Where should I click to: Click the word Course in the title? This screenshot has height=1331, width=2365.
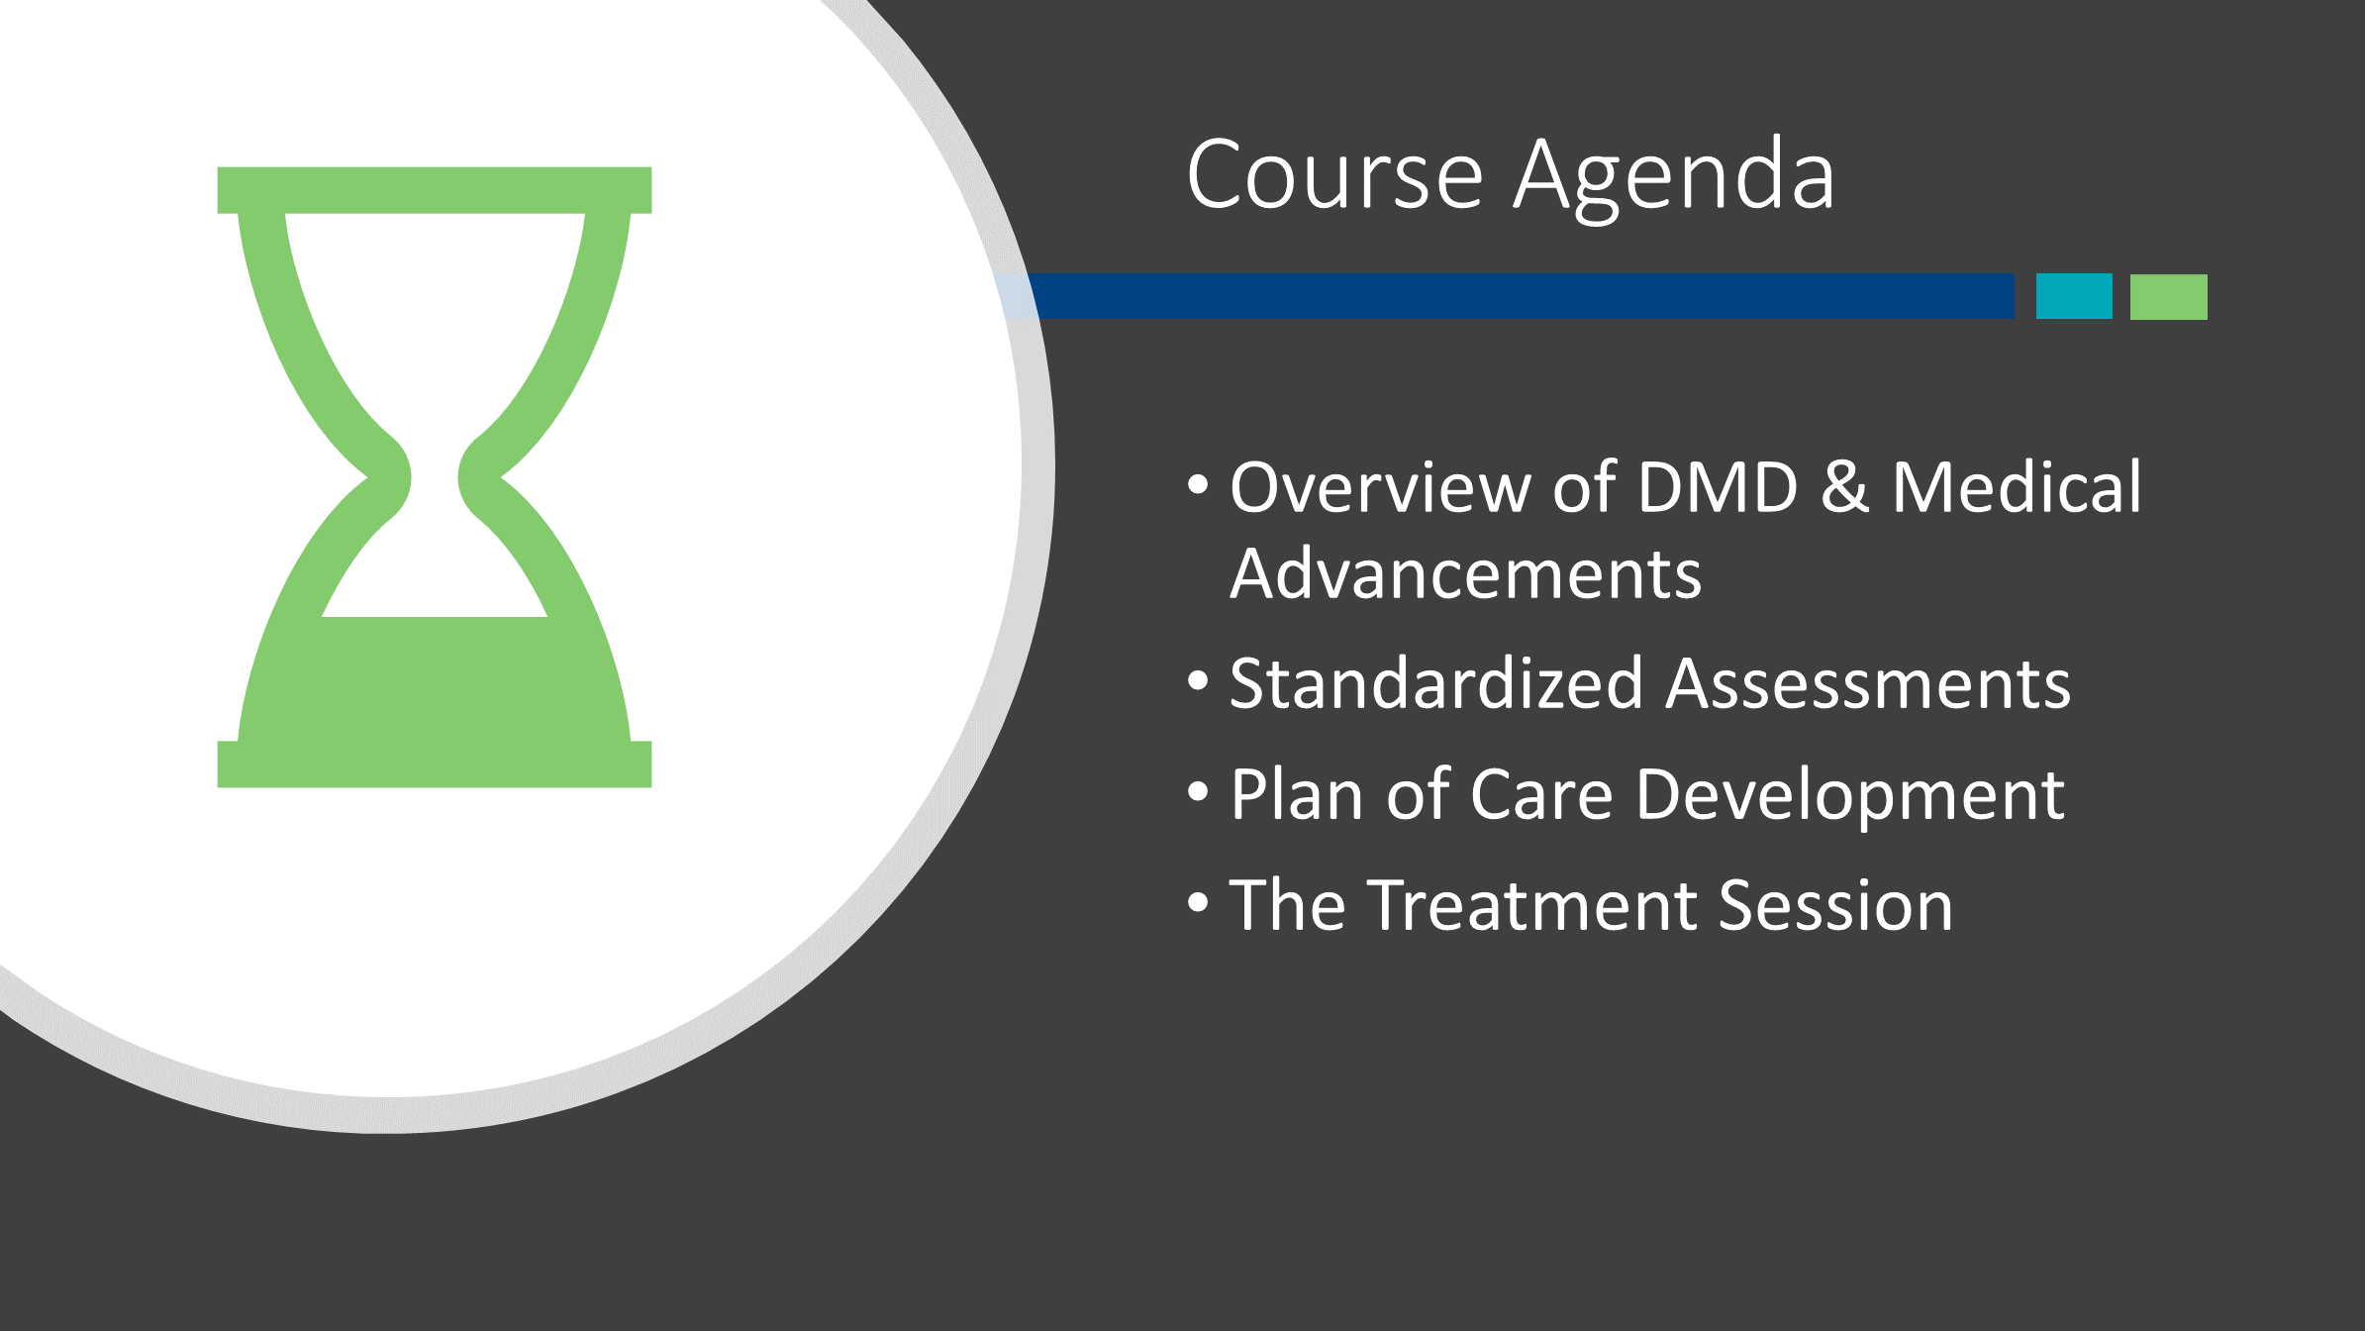click(x=1335, y=175)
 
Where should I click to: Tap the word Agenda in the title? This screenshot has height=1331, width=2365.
click(x=1675, y=179)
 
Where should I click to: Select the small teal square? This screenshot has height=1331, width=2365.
click(x=2074, y=296)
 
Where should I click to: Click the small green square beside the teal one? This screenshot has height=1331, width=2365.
click(x=2169, y=297)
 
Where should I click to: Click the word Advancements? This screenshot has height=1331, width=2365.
click(x=1465, y=574)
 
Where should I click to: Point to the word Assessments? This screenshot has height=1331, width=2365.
click(x=1868, y=684)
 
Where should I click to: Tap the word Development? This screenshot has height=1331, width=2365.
click(x=1850, y=798)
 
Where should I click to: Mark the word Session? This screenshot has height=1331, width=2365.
click(x=1836, y=906)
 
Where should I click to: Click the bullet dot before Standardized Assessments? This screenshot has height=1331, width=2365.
click(x=1199, y=681)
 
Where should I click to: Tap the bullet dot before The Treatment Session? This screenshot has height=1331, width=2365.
click(x=1199, y=903)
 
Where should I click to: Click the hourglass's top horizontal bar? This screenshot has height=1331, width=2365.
click(x=435, y=190)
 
